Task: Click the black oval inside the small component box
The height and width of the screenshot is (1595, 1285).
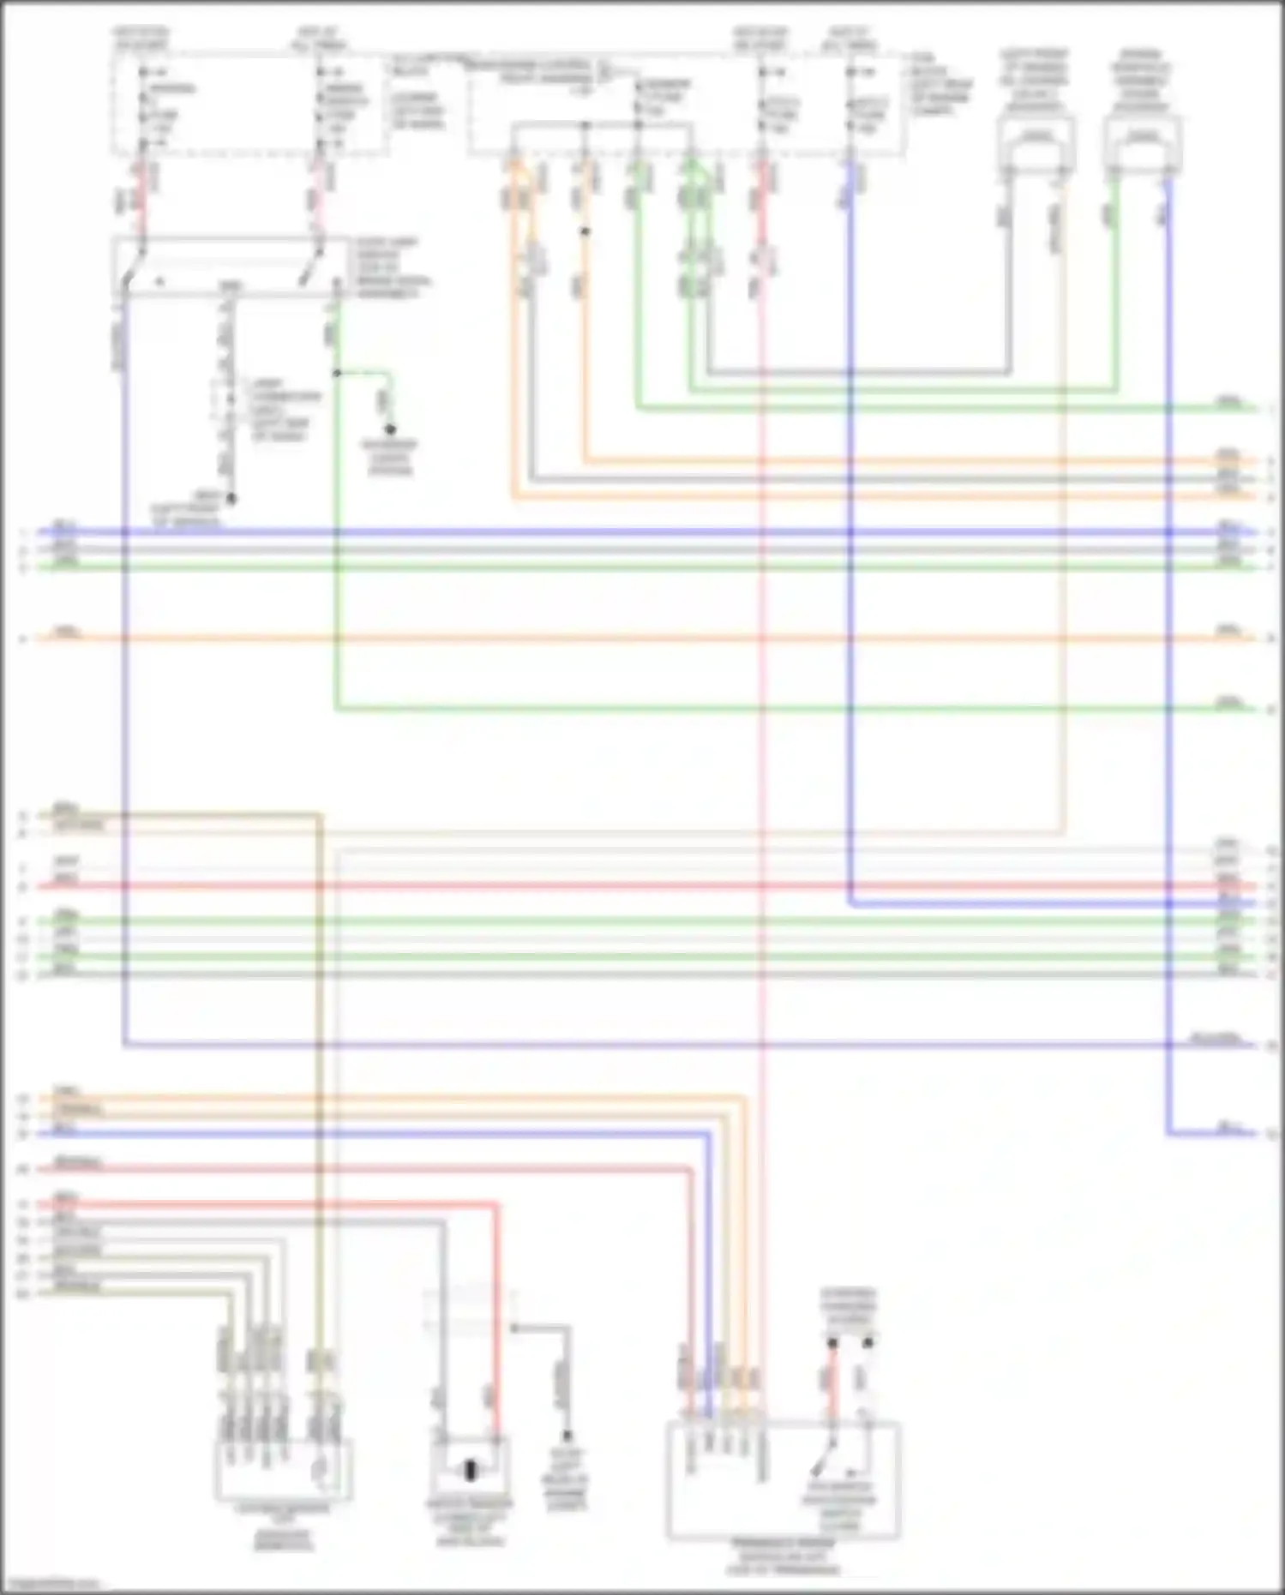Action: pyautogui.click(x=470, y=1471)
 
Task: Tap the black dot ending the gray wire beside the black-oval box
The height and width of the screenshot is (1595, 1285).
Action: pyautogui.click(x=567, y=1436)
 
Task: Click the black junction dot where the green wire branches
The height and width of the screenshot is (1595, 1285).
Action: pyautogui.click(x=337, y=373)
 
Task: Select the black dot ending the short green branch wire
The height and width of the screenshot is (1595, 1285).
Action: pyautogui.click(x=390, y=429)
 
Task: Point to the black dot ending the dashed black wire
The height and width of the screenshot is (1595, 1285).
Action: pyautogui.click(x=231, y=498)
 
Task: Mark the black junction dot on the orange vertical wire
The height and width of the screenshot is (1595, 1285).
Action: pyautogui.click(x=585, y=231)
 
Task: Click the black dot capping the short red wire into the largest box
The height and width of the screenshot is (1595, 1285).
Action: pyautogui.click(x=832, y=1344)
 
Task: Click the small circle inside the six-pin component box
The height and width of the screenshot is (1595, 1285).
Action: pyautogui.click(x=321, y=1471)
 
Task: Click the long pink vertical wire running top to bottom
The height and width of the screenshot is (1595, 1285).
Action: pyautogui.click(x=762, y=771)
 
